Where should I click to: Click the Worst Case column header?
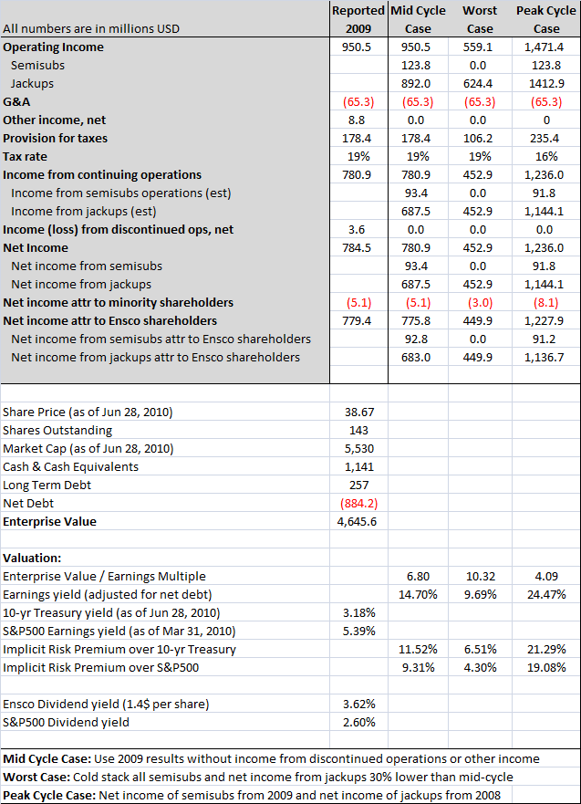(x=479, y=19)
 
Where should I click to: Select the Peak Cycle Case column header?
(x=546, y=19)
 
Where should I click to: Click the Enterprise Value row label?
(x=49, y=522)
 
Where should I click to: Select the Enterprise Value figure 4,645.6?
(x=357, y=522)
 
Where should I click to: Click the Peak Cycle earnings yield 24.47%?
(x=546, y=595)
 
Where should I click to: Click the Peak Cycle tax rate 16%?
(x=546, y=157)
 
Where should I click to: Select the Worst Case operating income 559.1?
(x=479, y=47)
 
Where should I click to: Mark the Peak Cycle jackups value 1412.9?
(x=546, y=84)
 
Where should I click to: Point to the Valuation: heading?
(x=32, y=559)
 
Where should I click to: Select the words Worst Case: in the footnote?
(x=36, y=778)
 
